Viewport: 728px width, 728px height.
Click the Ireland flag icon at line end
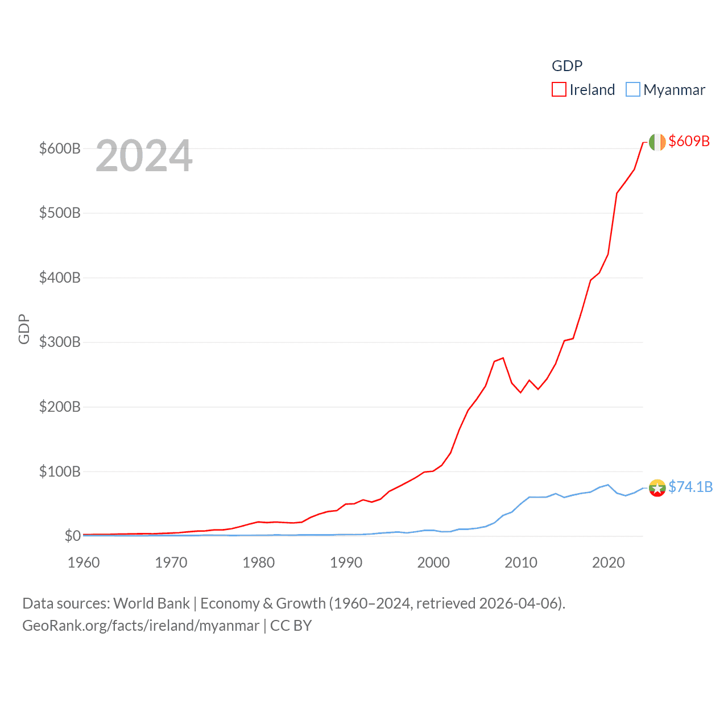[657, 142]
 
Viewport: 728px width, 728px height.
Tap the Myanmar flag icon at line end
[657, 488]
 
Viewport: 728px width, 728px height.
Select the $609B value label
[689, 141]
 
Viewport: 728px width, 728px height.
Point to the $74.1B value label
[690, 487]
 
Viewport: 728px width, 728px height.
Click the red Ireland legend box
[559, 90]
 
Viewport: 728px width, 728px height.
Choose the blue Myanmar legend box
[632, 90]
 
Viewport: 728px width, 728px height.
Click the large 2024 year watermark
[144, 156]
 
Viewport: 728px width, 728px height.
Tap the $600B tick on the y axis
[60, 148]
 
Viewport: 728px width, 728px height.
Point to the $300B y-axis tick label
[60, 342]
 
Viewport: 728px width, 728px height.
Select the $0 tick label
[72, 536]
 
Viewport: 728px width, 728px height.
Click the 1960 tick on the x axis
[84, 562]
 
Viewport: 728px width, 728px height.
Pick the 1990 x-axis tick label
[346, 562]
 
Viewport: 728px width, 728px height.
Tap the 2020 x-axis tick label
[608, 562]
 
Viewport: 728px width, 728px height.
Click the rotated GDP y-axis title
[24, 329]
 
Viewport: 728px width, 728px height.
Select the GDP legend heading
[567, 66]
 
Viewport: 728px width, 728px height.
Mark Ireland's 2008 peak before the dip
[503, 358]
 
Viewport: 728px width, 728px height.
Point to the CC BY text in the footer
[291, 626]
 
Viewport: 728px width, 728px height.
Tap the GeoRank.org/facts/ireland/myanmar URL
[140, 626]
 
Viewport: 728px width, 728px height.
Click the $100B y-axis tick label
[60, 471]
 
